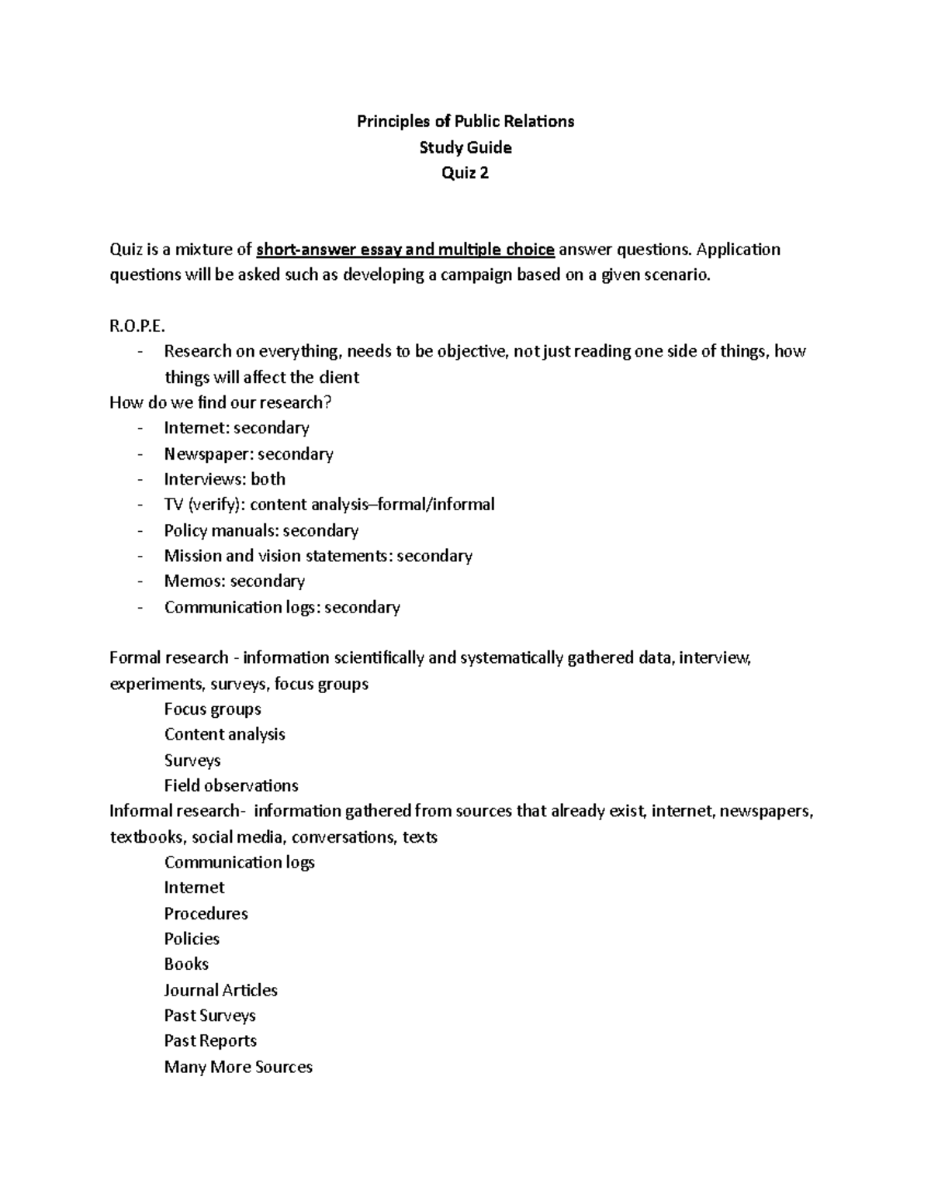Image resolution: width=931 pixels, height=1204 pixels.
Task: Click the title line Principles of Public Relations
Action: pyautogui.click(x=465, y=121)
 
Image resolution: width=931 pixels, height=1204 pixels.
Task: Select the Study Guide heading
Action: pyautogui.click(x=465, y=147)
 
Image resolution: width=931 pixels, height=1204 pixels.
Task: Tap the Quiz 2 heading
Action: pyautogui.click(x=465, y=173)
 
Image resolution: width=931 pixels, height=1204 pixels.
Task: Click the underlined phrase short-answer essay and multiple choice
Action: pyautogui.click(x=405, y=250)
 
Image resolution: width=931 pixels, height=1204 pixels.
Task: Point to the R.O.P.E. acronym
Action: pyautogui.click(x=138, y=326)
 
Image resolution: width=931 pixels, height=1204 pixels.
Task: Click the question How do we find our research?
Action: pyautogui.click(x=220, y=402)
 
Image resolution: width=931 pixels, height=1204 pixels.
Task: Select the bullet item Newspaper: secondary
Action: pyautogui.click(x=248, y=454)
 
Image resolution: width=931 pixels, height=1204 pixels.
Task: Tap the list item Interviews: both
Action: pyautogui.click(x=224, y=479)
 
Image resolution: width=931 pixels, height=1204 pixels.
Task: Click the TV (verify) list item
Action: pyautogui.click(x=329, y=505)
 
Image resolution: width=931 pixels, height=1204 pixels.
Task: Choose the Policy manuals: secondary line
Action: pyautogui.click(x=261, y=530)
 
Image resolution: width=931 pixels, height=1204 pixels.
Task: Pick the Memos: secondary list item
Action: pyautogui.click(x=234, y=581)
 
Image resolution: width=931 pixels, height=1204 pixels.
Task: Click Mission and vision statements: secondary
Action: pyautogui.click(x=318, y=556)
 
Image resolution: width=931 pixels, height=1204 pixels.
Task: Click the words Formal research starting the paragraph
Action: pyautogui.click(x=168, y=658)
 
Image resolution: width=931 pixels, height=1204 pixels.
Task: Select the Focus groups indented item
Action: pyautogui.click(x=213, y=709)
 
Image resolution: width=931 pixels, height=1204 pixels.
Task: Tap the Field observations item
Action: pyautogui.click(x=231, y=785)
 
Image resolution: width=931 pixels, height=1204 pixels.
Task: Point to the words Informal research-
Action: pyautogui.click(x=177, y=811)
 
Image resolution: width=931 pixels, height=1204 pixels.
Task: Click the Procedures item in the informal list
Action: pyautogui.click(x=206, y=913)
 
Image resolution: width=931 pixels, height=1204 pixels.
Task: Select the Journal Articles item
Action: pyautogui.click(x=220, y=990)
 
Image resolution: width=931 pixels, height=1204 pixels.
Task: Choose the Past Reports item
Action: pyautogui.click(x=210, y=1040)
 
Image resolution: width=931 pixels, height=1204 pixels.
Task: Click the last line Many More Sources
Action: pyautogui.click(x=238, y=1067)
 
